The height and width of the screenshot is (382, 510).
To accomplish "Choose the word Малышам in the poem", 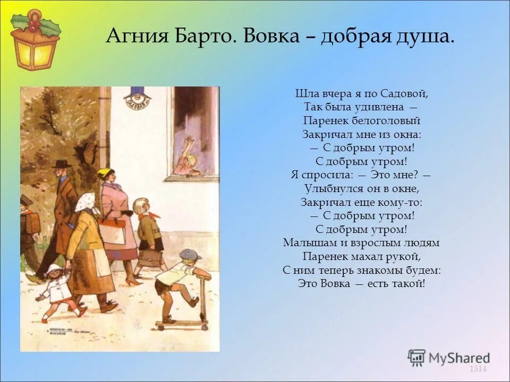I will coord(308,243).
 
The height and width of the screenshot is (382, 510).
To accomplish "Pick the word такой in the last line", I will coord(408,283).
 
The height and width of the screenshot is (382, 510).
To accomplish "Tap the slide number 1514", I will coord(478,368).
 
